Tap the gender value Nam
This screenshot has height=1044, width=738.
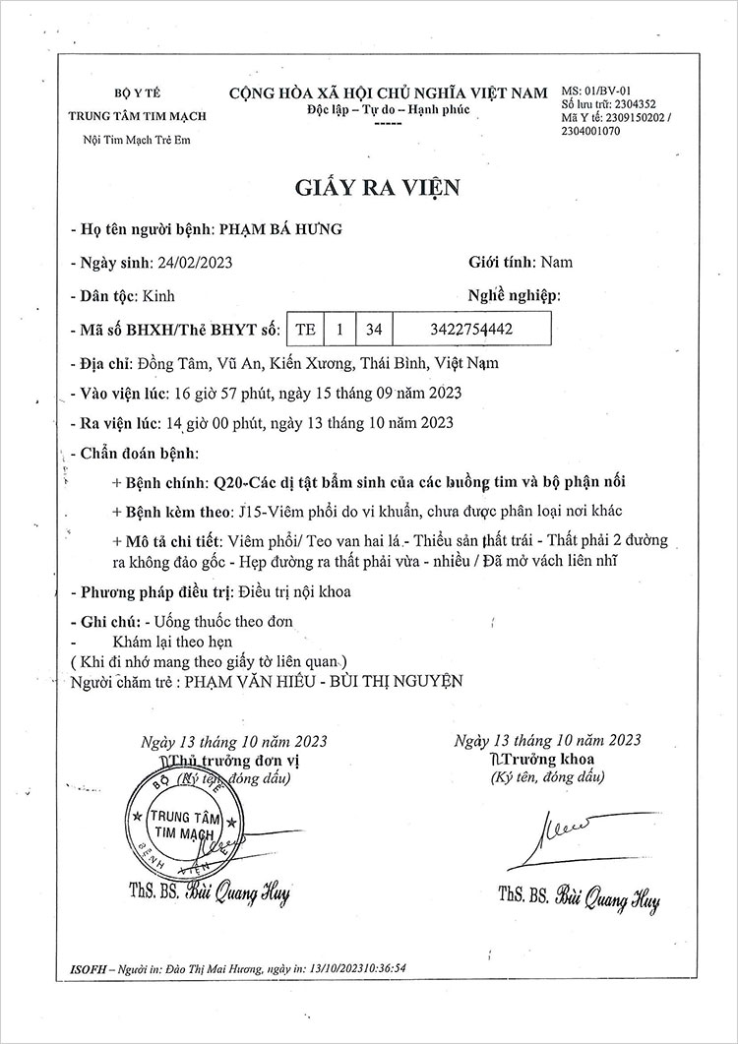pyautogui.click(x=557, y=263)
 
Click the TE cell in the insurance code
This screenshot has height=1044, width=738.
pyautogui.click(x=305, y=329)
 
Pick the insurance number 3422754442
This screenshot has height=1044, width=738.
pyautogui.click(x=472, y=329)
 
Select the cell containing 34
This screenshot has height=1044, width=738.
pyautogui.click(x=373, y=329)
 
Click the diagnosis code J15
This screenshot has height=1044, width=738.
pyautogui.click(x=251, y=513)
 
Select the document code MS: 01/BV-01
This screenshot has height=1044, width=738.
pyautogui.click(x=601, y=91)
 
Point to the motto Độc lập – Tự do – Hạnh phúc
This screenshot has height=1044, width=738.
pyautogui.click(x=388, y=107)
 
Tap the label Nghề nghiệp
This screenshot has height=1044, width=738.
pyautogui.click(x=513, y=295)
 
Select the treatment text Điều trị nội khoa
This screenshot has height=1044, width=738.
pyautogui.click(x=294, y=592)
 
